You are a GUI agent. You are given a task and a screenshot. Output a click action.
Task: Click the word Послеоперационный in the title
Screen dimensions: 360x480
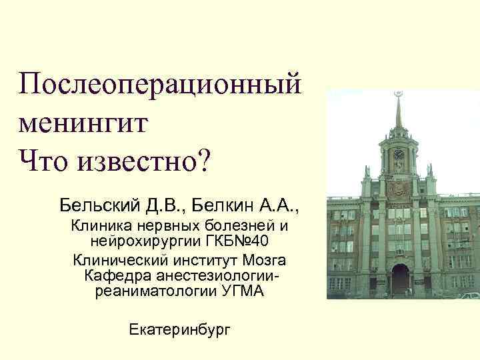pos(161,85)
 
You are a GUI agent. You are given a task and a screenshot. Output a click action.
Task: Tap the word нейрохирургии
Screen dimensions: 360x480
pos(141,241)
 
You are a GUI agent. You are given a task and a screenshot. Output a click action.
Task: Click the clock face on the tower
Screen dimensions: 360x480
pos(398,155)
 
